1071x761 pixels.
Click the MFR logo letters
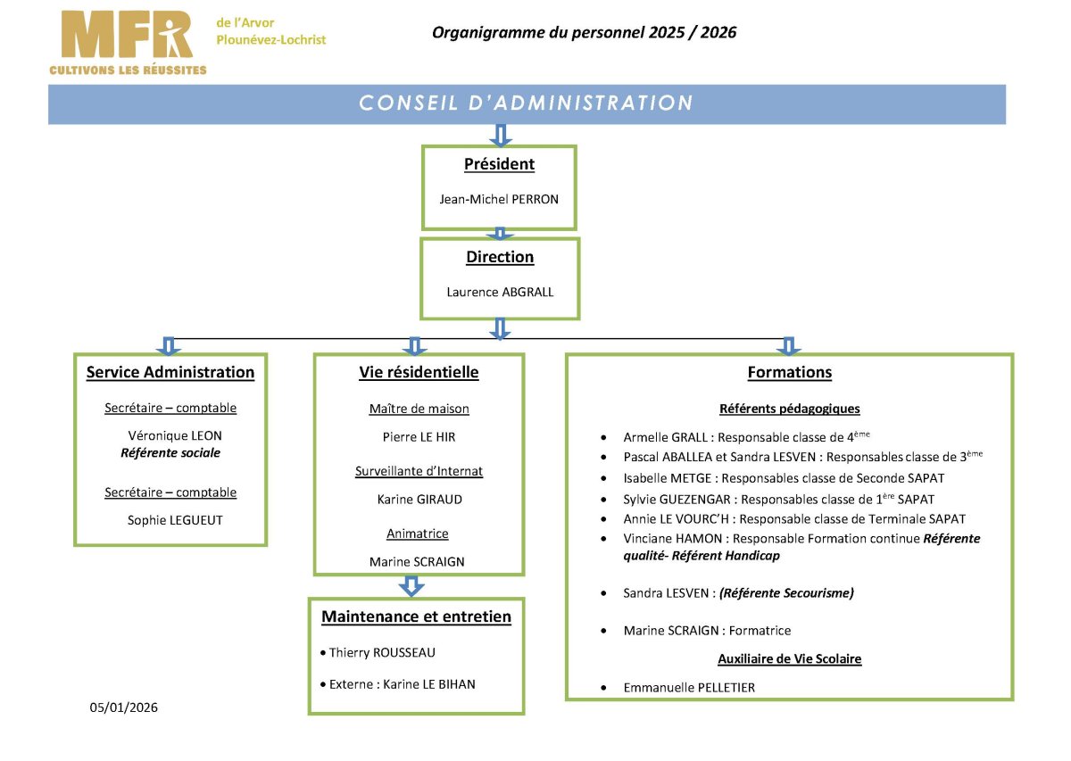pyautogui.click(x=127, y=35)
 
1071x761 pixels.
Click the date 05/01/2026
pyautogui.click(x=123, y=707)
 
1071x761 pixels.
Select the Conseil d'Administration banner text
pyautogui.click(x=526, y=103)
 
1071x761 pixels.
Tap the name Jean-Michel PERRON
pyautogui.click(x=499, y=199)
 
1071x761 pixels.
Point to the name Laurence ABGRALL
pyautogui.click(x=500, y=292)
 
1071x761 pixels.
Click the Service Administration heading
pyautogui.click(x=170, y=372)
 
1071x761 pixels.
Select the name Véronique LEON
pyautogui.click(x=175, y=435)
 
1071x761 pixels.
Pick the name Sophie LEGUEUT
pyautogui.click(x=175, y=520)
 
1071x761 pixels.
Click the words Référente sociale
pyautogui.click(x=170, y=452)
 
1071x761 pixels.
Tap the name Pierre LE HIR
pyautogui.click(x=419, y=437)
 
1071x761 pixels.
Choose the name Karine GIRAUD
pyautogui.click(x=419, y=500)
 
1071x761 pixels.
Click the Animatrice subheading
pyautogui.click(x=418, y=534)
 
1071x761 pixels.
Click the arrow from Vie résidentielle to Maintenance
pyautogui.click(x=411, y=586)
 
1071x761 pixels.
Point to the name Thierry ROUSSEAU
pyautogui.click(x=382, y=652)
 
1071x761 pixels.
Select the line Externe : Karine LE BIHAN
pyautogui.click(x=403, y=684)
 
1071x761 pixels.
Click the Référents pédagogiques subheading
pyautogui.click(x=789, y=409)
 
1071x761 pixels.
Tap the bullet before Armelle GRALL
pyautogui.click(x=604, y=437)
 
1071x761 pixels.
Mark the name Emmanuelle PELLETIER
pyautogui.click(x=689, y=687)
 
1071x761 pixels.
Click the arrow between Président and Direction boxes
pyautogui.click(x=500, y=234)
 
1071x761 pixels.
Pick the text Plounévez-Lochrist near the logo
pyautogui.click(x=270, y=39)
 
